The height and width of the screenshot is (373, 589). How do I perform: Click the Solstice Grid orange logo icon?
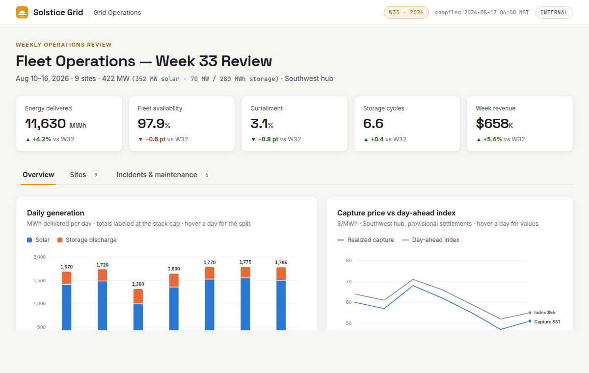22,12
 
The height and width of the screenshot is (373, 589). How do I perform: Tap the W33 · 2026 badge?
406,12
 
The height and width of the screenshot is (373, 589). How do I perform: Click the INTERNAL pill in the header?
554,12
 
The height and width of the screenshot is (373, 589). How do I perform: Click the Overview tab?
38,175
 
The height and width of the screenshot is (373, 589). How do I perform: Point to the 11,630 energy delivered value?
46,124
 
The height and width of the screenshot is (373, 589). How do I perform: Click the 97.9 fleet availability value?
151,124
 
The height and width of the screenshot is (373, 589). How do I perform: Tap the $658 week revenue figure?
492,124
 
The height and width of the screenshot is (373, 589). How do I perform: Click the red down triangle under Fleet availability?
140,139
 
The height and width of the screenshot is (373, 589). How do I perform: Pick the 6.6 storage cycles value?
373,124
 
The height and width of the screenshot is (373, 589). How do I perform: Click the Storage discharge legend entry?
87,240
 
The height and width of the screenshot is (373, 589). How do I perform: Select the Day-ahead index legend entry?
431,240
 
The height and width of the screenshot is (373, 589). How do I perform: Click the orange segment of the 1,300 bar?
138,296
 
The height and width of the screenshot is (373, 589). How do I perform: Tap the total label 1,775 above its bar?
245,262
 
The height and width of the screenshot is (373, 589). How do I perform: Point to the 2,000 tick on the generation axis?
39,257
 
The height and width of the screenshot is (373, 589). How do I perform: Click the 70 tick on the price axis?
348,282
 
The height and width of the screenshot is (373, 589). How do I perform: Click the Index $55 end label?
544,313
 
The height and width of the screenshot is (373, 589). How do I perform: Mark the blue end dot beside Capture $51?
530,321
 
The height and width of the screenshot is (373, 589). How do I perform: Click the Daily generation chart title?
55,213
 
